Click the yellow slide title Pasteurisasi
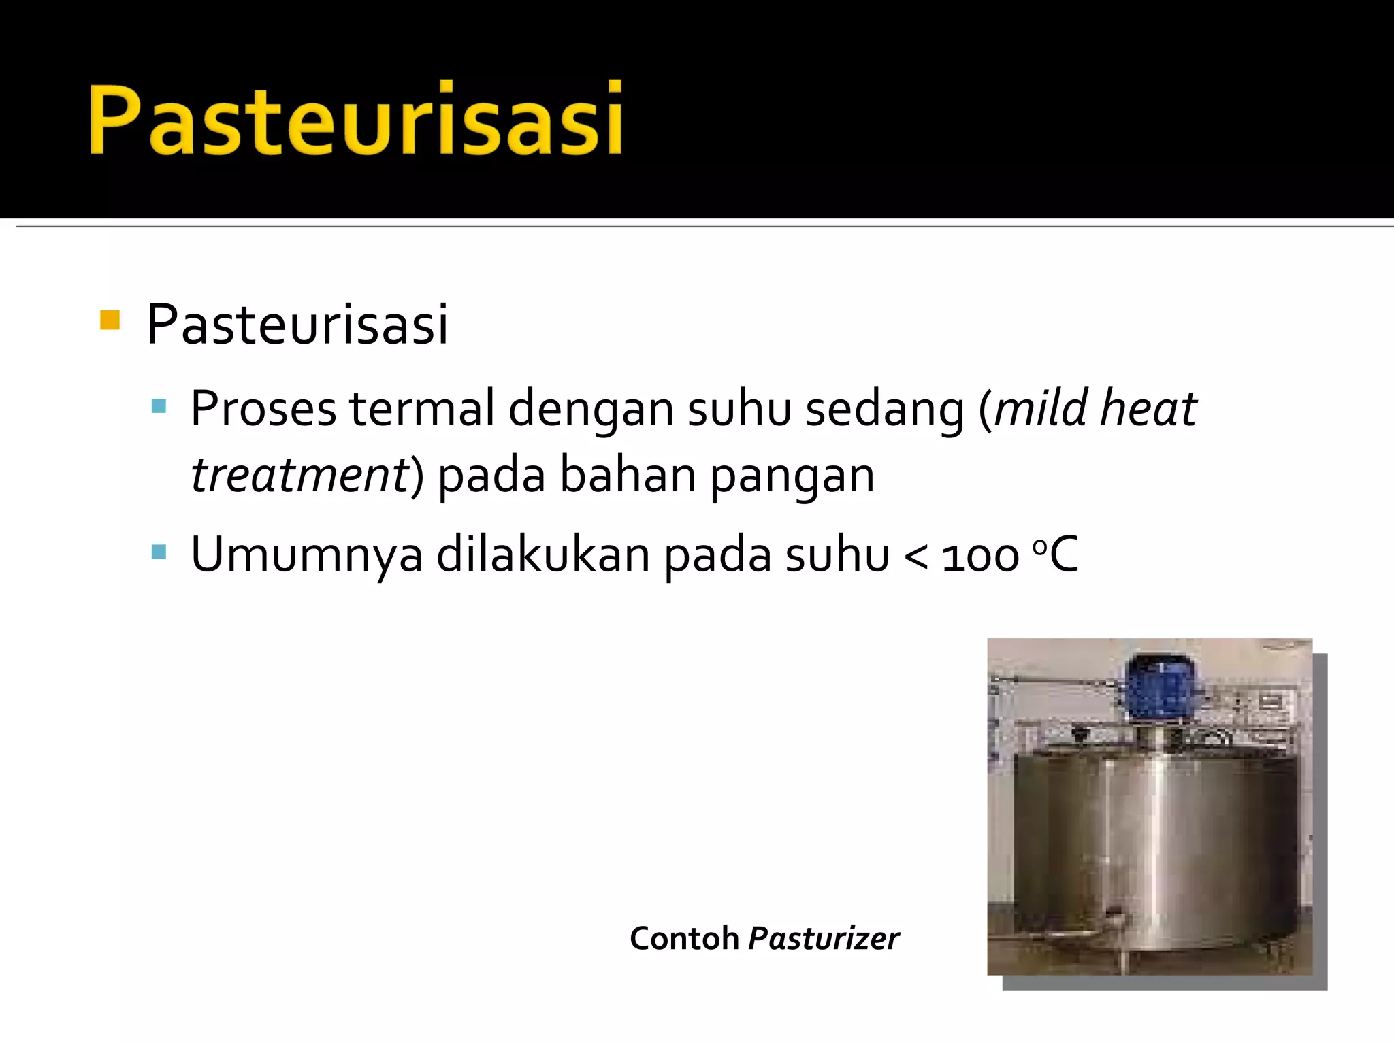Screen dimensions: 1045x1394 pyautogui.click(x=355, y=120)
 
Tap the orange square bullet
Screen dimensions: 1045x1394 pyautogui.click(x=110, y=320)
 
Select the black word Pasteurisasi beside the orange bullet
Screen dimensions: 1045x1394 pyautogui.click(x=297, y=325)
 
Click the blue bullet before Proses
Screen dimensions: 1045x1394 pyautogui.click(x=159, y=407)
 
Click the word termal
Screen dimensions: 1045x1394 pyautogui.click(x=422, y=410)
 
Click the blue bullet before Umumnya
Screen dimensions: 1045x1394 pyautogui.click(x=159, y=551)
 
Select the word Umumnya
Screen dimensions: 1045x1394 pyautogui.click(x=307, y=555)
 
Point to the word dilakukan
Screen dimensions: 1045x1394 pyautogui.click(x=542, y=554)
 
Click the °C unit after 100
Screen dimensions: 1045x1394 pyautogui.click(x=1056, y=554)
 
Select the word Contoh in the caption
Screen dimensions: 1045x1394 pyautogui.click(x=684, y=939)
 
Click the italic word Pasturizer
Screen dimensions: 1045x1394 pyautogui.click(x=824, y=939)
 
